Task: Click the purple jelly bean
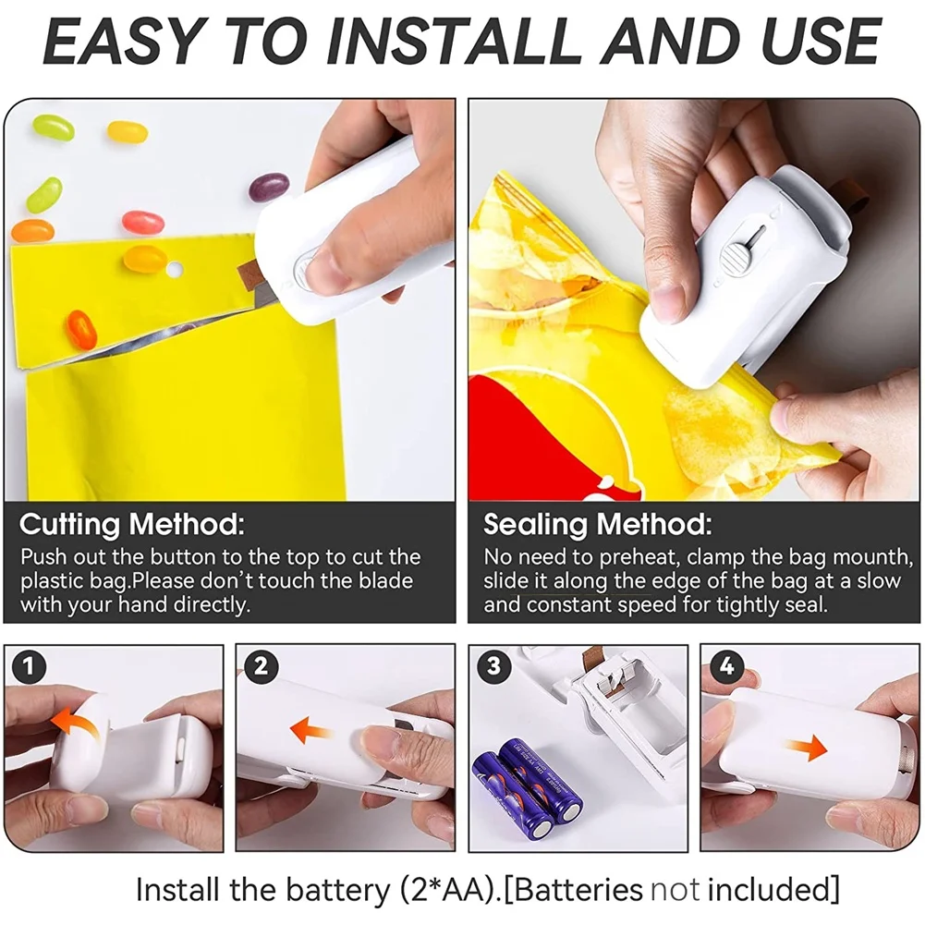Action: pyautogui.click(x=268, y=188)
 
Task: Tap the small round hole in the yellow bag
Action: pyautogui.click(x=174, y=272)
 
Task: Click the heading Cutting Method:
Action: pyautogui.click(x=132, y=526)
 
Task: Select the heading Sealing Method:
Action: pyautogui.click(x=598, y=526)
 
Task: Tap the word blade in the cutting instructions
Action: pyautogui.click(x=386, y=582)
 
